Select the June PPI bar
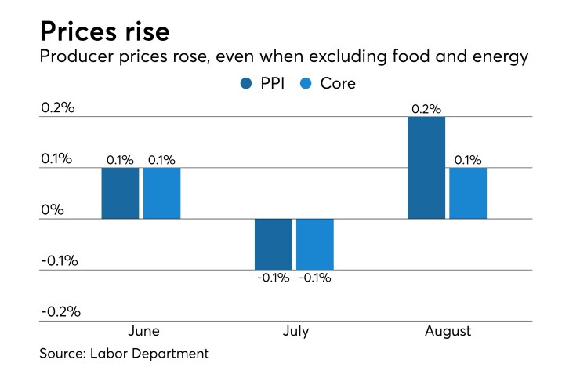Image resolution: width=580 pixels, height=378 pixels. (120, 193)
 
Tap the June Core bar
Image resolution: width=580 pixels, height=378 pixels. (161, 193)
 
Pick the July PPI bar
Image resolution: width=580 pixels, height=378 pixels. (273, 244)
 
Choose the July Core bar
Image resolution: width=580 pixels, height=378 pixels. (315, 244)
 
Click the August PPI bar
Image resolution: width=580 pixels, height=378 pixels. (426, 167)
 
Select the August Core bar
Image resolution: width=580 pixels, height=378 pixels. (468, 193)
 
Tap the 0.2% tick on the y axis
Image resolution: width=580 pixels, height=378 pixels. (58, 107)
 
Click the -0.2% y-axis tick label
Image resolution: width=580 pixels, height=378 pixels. (60, 311)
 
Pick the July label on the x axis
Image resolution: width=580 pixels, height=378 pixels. (295, 331)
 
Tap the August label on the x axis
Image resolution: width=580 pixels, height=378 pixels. (448, 331)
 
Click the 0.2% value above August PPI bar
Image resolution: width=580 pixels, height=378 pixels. (426, 108)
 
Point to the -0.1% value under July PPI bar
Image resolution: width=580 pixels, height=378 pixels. (273, 278)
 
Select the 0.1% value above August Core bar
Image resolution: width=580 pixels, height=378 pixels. (468, 159)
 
